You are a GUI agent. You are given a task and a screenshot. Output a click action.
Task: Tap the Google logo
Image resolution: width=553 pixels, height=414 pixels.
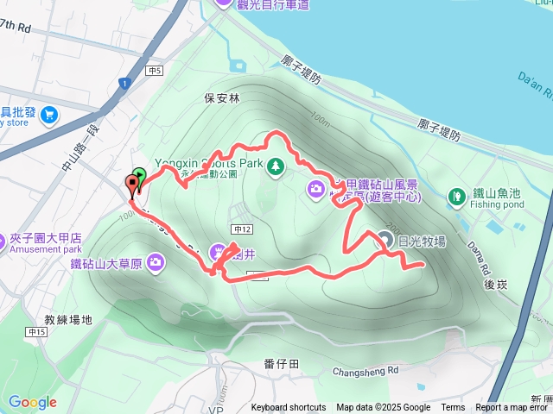[x=32, y=402]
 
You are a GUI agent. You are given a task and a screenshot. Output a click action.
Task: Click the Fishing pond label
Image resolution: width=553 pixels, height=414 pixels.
[x=499, y=205]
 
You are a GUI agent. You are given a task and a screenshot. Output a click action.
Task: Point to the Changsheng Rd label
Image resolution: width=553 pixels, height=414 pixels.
[x=365, y=372]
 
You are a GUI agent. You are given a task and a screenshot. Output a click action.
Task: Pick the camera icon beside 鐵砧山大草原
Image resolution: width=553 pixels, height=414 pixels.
[x=156, y=261]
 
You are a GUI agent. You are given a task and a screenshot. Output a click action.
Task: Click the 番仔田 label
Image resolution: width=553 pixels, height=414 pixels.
[x=282, y=365]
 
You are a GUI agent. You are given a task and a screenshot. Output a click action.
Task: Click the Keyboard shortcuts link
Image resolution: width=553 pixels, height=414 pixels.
[x=289, y=408]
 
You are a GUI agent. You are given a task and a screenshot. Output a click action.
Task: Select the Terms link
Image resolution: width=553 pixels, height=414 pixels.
[x=453, y=408]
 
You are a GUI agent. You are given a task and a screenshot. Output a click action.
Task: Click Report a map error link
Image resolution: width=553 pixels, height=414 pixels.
[x=513, y=408]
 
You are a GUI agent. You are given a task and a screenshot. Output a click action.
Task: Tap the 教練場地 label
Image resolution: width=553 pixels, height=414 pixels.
[x=68, y=320]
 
